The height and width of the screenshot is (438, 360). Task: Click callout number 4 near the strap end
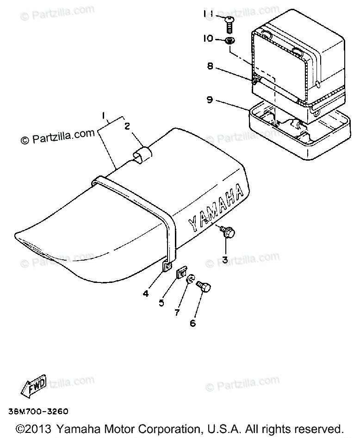(145, 293)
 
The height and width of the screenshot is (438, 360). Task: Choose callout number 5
(161, 303)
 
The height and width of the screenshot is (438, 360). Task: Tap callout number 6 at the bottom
(192, 323)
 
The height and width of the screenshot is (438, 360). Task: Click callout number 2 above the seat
(126, 125)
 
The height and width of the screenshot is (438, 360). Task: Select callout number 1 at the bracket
(104, 114)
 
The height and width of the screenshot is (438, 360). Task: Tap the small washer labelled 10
(229, 41)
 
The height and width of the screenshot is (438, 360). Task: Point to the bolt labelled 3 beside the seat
(227, 232)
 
